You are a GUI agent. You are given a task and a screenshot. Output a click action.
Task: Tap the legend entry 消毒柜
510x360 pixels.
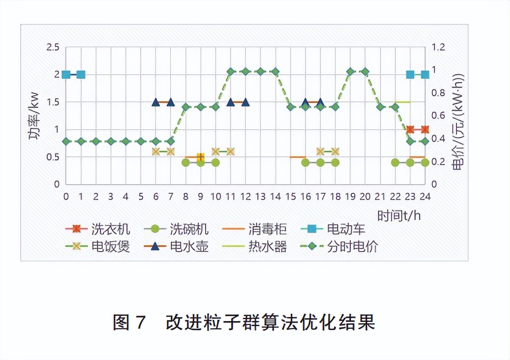click(x=268, y=229)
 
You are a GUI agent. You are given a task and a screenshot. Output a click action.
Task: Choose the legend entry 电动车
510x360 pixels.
click(x=346, y=229)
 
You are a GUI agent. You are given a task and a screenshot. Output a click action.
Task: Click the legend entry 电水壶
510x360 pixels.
click(x=189, y=246)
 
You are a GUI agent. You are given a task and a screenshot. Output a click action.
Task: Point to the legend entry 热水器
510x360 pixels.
click(x=268, y=246)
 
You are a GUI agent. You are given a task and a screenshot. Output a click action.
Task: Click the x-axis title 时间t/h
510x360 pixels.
click(x=399, y=215)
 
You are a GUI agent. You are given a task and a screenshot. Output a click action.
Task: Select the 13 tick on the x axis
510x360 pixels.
click(x=260, y=196)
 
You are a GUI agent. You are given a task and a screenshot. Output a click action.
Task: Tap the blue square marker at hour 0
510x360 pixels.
click(x=66, y=75)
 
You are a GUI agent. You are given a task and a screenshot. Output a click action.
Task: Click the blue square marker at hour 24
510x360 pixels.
click(x=425, y=75)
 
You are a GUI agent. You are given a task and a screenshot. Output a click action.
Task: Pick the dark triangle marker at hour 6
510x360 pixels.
click(x=156, y=102)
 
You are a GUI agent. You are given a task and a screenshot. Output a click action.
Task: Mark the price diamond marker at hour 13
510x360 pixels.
click(x=260, y=71)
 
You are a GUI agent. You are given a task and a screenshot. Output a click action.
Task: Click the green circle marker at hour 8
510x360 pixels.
click(x=186, y=162)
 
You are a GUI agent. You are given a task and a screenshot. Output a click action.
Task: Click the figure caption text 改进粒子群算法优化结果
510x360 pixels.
click(x=270, y=322)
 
